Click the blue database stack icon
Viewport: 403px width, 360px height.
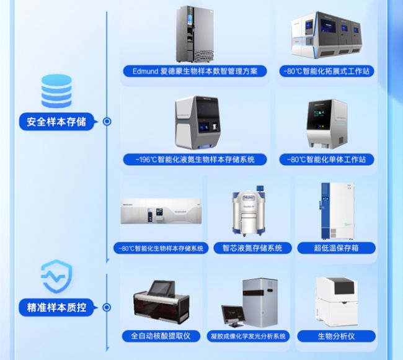(56, 92)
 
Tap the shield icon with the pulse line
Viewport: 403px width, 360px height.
(56, 276)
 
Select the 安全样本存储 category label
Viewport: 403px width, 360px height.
(56, 122)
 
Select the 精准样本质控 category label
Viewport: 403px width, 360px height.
(56, 307)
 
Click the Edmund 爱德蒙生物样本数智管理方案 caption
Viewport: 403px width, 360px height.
(195, 71)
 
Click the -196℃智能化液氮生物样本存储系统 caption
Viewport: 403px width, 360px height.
(195, 160)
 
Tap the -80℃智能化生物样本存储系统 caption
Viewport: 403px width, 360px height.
(161, 248)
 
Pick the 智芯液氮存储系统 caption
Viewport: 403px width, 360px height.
(252, 248)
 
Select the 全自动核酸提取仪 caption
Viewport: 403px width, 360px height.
(161, 336)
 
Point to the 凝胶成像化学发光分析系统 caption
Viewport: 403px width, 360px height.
(252, 336)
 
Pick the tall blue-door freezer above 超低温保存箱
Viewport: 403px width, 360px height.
(336, 211)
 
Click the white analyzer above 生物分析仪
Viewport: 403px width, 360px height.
(337, 301)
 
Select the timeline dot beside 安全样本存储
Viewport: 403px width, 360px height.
(107, 122)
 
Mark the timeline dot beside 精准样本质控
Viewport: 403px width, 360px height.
(107, 307)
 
